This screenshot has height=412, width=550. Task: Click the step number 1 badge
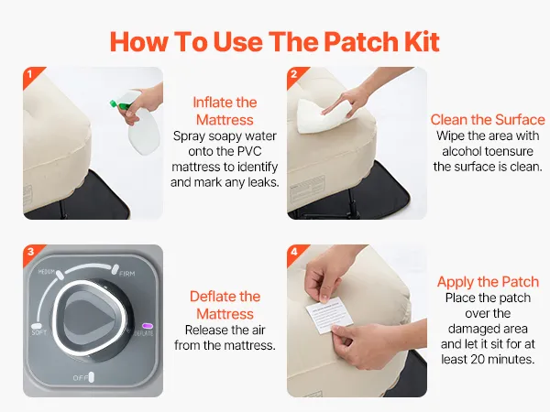tap(30, 75)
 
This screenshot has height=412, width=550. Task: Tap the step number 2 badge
tap(294, 75)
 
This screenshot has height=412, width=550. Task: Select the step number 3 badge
tap(30, 253)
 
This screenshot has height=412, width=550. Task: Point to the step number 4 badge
tap(294, 253)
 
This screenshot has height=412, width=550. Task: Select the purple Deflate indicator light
tap(148, 326)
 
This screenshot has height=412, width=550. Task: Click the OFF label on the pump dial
tap(80, 378)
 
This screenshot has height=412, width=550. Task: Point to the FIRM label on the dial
tap(126, 274)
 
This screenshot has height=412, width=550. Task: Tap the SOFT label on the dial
tap(38, 332)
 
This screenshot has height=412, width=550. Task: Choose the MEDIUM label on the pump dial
tap(47, 272)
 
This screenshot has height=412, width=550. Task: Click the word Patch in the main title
tap(361, 42)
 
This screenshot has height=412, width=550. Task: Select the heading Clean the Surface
tap(488, 120)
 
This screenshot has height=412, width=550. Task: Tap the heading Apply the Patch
tap(488, 282)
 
